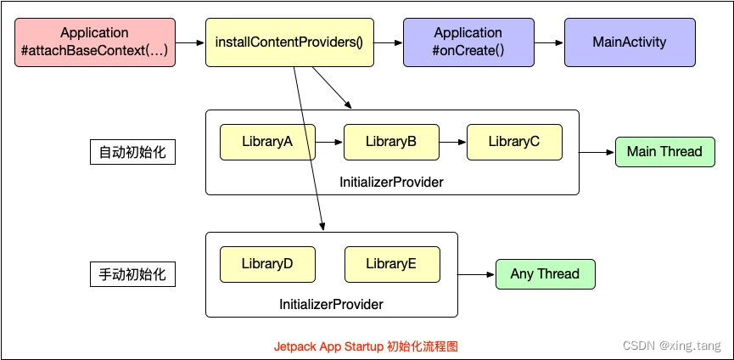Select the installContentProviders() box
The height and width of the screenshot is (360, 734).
(x=289, y=42)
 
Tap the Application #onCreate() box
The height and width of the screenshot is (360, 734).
(x=468, y=42)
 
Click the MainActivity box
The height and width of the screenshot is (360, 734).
(x=630, y=42)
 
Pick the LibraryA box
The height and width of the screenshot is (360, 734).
(x=267, y=142)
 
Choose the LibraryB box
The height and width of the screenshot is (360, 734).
(x=391, y=142)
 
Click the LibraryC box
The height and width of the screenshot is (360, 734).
(x=514, y=142)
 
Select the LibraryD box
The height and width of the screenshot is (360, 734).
(x=267, y=264)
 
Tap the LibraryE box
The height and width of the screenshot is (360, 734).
(x=391, y=264)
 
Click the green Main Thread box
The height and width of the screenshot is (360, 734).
(x=664, y=152)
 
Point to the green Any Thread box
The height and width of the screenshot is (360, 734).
(x=545, y=274)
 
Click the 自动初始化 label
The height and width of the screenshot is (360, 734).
(x=132, y=153)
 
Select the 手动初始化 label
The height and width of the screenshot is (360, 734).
(x=132, y=275)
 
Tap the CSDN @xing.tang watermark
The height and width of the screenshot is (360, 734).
(x=671, y=346)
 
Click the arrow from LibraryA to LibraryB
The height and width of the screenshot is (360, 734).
(x=329, y=142)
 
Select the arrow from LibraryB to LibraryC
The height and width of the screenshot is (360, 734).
(x=452, y=142)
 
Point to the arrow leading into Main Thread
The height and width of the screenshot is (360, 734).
(x=597, y=152)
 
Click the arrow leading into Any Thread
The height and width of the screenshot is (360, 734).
(x=476, y=274)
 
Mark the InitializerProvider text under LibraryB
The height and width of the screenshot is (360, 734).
(x=391, y=182)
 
